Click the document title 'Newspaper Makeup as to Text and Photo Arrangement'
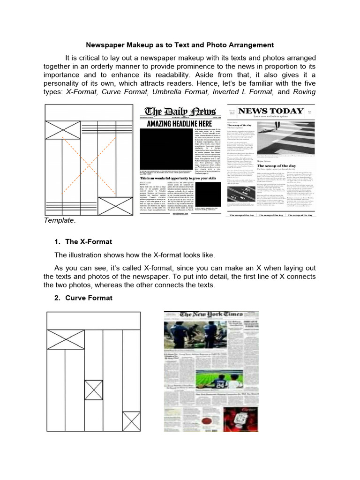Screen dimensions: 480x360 (180, 45)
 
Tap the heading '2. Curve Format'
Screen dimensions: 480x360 (83, 298)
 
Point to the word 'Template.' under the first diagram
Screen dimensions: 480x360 (60, 220)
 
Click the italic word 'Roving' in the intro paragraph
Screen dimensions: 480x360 (304, 92)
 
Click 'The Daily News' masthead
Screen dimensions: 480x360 (180, 112)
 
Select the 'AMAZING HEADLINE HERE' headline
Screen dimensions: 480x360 (180, 124)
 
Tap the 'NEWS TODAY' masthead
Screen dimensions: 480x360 (270, 111)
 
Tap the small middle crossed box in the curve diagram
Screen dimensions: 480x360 (93, 390)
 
